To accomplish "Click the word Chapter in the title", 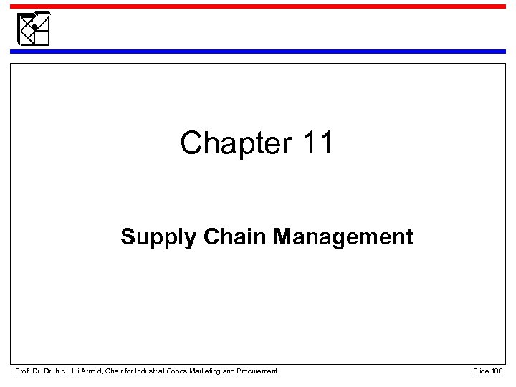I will click(229, 143).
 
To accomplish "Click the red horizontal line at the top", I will click(287, 6).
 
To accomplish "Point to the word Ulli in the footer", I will click(73, 370).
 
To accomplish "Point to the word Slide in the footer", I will click(481, 370).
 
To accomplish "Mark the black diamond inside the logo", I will click(32, 29).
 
